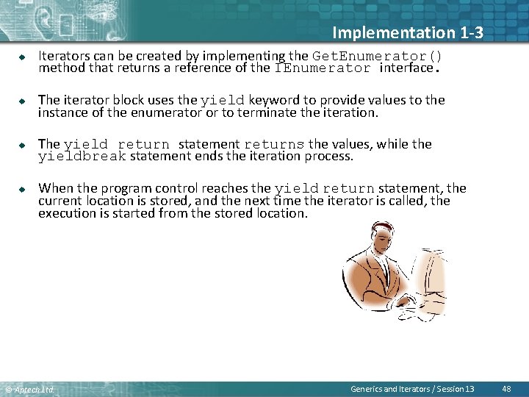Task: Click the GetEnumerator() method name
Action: point(378,56)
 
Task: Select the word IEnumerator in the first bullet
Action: point(323,68)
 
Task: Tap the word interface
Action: point(406,68)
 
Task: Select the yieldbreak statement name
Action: point(82,157)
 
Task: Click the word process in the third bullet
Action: point(331,157)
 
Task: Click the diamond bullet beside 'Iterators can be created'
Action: point(22,57)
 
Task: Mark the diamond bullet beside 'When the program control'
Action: point(22,189)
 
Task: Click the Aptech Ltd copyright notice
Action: point(29,389)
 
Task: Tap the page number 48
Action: point(506,388)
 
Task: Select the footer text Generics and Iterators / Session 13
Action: point(412,388)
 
